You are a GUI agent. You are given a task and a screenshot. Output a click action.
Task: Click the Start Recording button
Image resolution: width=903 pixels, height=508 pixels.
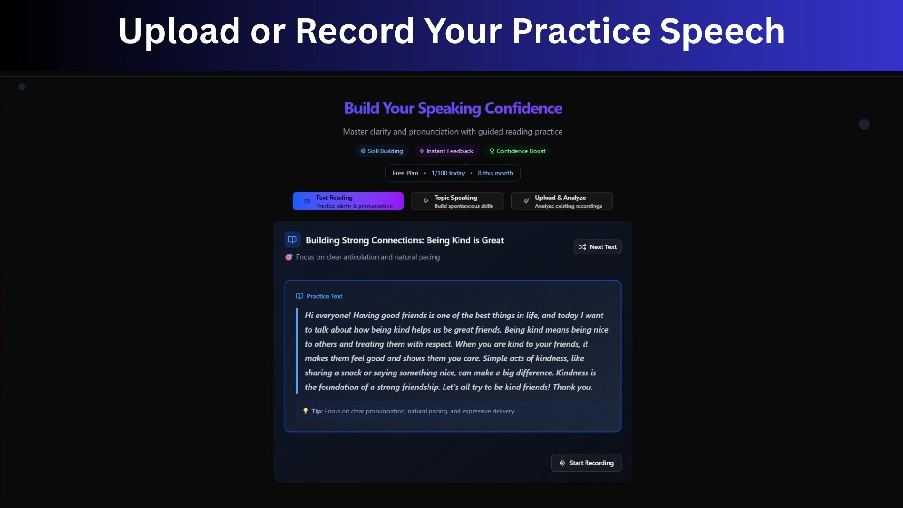586,463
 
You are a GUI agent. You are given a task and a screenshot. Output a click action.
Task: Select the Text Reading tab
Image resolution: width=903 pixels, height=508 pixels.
348,201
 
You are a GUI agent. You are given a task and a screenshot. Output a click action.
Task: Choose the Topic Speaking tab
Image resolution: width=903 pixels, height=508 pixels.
457,201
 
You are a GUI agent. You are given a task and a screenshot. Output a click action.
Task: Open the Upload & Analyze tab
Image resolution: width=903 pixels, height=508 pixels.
562,201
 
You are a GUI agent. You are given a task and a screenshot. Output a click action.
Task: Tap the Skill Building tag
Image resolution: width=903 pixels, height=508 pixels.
381,151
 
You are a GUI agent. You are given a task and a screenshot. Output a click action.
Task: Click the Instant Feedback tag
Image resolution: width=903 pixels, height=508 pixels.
446,151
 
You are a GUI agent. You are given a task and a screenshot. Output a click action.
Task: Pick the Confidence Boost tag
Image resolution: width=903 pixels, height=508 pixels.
517,151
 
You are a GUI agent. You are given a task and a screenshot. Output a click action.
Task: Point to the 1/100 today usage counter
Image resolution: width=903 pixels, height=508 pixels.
448,173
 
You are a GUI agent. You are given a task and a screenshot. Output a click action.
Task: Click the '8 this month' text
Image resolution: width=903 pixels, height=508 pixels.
495,173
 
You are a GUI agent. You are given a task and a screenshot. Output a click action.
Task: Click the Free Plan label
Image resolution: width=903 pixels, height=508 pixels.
405,173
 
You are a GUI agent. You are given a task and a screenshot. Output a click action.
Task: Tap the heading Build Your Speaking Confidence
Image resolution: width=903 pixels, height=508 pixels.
453,109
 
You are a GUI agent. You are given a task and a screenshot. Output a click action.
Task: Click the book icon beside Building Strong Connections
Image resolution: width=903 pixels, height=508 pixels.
292,239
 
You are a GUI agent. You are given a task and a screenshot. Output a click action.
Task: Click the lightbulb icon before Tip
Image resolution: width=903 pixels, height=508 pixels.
305,411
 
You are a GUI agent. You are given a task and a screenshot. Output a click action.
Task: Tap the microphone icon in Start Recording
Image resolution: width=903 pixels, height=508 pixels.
562,463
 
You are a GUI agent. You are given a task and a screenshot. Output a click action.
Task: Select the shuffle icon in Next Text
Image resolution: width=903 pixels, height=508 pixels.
582,247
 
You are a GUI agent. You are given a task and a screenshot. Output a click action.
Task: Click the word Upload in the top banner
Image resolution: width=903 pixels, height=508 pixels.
179,32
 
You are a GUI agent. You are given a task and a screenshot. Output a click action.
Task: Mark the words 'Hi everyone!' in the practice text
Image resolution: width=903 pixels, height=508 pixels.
328,316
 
